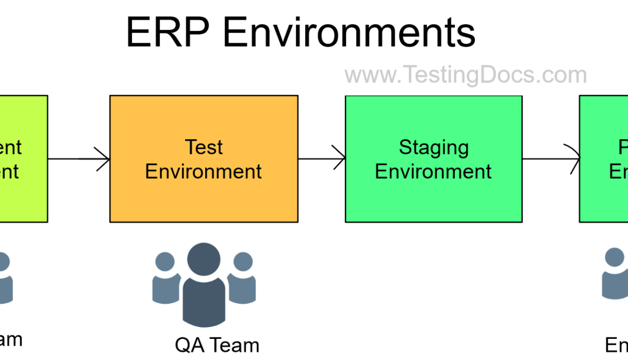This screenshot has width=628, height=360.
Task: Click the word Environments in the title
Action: click(349, 32)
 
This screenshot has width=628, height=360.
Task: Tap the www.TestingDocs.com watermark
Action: click(466, 75)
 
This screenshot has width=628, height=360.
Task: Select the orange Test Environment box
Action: click(204, 195)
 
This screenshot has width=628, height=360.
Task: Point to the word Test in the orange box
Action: click(204, 147)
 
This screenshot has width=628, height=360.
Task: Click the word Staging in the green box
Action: click(434, 147)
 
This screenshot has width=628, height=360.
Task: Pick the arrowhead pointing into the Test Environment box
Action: click(103, 159)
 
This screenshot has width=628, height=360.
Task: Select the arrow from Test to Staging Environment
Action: click(322, 159)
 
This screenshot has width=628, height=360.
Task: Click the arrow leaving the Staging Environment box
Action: click(549, 159)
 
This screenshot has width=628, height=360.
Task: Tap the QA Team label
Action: click(217, 345)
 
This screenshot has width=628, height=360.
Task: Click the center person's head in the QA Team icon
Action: click(204, 259)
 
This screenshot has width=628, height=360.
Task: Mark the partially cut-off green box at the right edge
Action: click(604, 195)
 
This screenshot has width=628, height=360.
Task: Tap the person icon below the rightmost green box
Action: click(614, 273)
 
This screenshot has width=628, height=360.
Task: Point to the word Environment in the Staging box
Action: click(434, 172)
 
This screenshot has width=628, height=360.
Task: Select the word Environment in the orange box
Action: click(204, 172)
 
